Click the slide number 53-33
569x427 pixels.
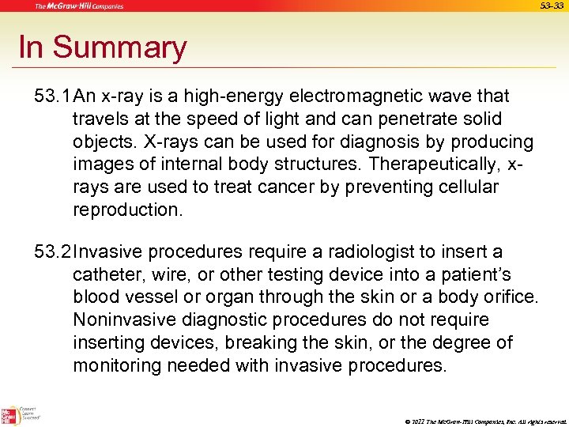[551, 6]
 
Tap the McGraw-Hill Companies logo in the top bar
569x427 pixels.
[78, 6]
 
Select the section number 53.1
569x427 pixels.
[53, 96]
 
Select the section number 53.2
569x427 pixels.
[53, 252]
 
